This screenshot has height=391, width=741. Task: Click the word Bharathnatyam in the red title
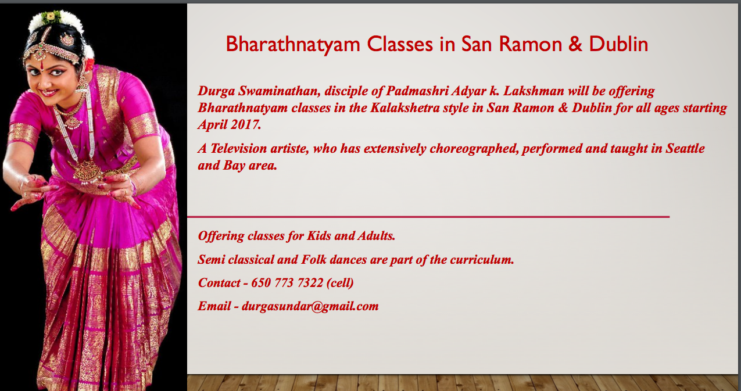[293, 44]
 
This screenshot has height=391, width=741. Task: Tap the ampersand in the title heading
[575, 44]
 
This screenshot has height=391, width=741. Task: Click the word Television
[238, 149]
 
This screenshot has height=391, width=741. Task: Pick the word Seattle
[685, 149]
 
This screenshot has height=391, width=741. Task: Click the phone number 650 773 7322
[287, 283]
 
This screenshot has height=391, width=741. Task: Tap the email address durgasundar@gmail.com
[310, 306]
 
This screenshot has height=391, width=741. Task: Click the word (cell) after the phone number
[340, 283]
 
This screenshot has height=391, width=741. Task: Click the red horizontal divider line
[428, 217]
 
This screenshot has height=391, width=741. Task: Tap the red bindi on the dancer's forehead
[42, 66]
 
